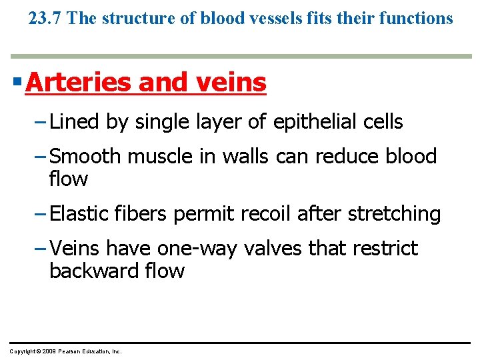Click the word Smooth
85,157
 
